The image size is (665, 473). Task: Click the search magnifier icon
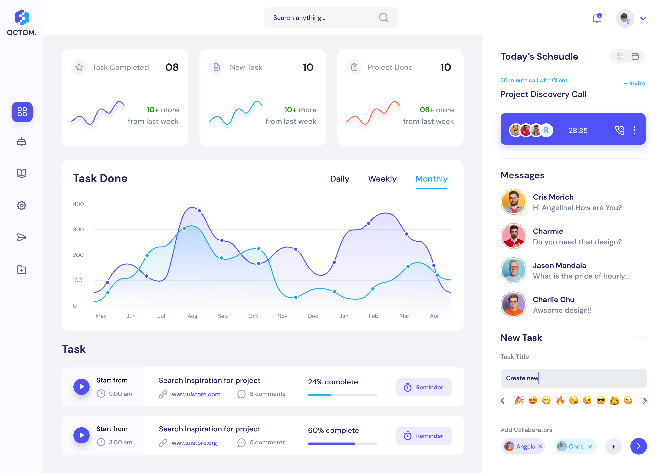tap(383, 18)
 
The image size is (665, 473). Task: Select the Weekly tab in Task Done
tap(382, 179)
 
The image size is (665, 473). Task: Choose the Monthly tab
tap(431, 179)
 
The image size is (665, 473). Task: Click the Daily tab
tap(339, 179)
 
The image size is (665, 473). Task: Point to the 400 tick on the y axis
tap(78, 204)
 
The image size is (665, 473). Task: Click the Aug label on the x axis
tap(192, 316)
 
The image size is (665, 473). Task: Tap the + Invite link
tap(634, 84)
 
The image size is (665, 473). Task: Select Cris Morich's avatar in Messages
tap(513, 202)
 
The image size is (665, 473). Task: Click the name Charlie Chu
tap(553, 300)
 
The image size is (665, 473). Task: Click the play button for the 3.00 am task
tap(82, 435)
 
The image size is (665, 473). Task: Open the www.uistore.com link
tap(196, 394)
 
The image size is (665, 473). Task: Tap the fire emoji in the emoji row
tap(560, 401)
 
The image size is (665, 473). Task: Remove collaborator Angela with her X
tap(540, 447)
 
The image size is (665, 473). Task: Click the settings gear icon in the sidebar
tap(22, 206)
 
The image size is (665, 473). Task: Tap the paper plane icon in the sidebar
tap(22, 237)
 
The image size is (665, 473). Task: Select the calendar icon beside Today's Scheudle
tap(635, 56)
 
